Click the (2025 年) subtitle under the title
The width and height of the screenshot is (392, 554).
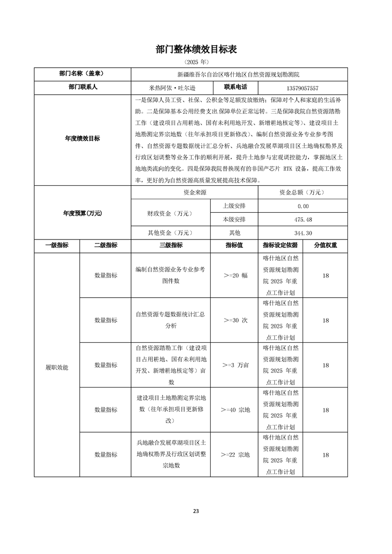click(196, 62)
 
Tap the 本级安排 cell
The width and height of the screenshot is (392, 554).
click(234, 219)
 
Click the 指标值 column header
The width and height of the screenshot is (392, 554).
click(234, 245)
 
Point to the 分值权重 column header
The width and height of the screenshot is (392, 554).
click(326, 245)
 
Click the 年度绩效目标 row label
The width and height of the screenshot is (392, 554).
click(82, 139)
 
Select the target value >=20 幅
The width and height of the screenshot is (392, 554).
click(234, 276)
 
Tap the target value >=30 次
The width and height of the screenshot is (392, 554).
click(234, 320)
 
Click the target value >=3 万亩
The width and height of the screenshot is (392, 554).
click(234, 365)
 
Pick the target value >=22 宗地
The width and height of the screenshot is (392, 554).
click(234, 454)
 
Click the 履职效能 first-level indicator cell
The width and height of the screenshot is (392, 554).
click(57, 367)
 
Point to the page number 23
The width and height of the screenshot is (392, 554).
click(196, 511)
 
